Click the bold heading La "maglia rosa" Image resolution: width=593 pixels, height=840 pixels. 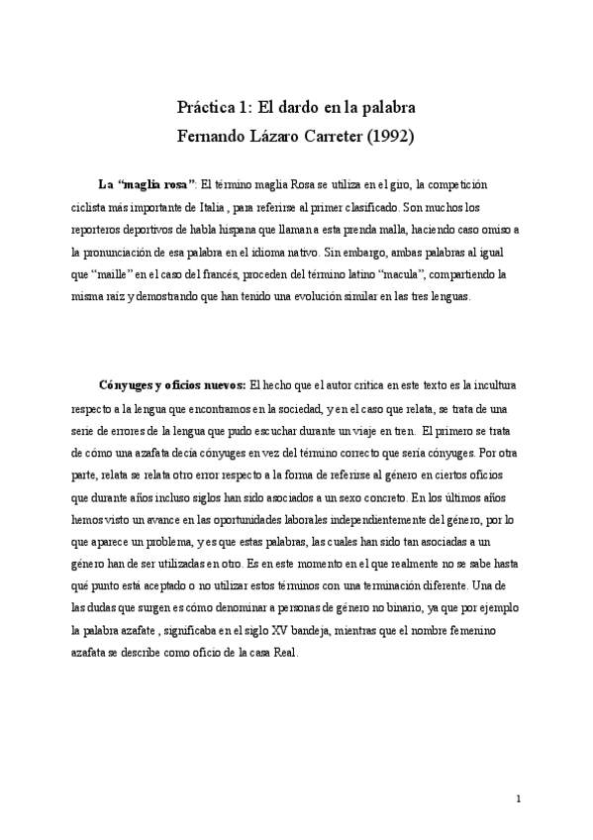coord(147,184)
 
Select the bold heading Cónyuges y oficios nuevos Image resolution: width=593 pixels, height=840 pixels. coord(173,384)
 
